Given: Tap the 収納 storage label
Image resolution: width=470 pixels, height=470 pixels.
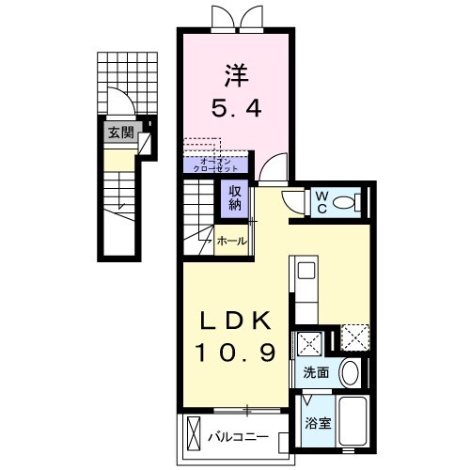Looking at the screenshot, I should pyautogui.click(x=233, y=196).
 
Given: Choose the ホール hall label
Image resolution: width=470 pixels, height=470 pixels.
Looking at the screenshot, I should pyautogui.click(x=232, y=242).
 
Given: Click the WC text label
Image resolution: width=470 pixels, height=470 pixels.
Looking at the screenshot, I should pyautogui.click(x=321, y=200).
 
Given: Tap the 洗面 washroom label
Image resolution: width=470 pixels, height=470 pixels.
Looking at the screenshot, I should pyautogui.click(x=316, y=373).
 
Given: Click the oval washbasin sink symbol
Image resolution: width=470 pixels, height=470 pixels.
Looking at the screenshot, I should pyautogui.click(x=350, y=373).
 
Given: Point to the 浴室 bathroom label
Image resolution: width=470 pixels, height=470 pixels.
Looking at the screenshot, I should pyautogui.click(x=316, y=424).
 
